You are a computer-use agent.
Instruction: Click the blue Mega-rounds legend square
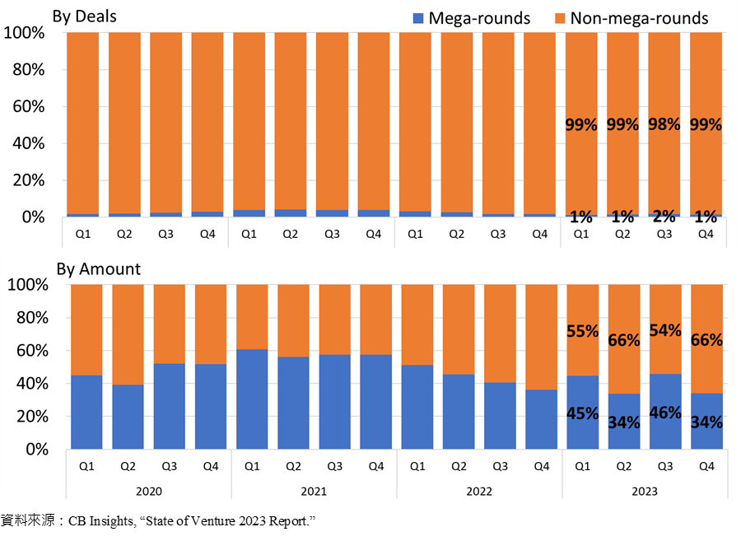point(418,18)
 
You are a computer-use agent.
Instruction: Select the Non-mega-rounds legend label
point(639,18)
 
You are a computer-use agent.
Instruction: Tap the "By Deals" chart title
point(85,16)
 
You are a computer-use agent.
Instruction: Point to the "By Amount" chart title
point(99,268)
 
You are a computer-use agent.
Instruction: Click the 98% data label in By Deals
point(664,124)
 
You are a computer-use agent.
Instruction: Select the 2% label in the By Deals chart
point(664,216)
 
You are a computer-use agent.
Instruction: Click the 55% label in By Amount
point(583,331)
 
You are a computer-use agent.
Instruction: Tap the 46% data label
point(665,413)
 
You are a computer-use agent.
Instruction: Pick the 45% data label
point(583,413)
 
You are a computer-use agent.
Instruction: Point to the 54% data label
point(665,330)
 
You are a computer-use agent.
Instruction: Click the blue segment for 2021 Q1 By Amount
point(252,399)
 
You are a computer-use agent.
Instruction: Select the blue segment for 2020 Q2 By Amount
point(128,417)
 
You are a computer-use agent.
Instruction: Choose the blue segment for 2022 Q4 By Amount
point(542,419)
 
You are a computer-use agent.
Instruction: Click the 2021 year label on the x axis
point(314,492)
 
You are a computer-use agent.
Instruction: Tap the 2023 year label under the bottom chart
point(645,492)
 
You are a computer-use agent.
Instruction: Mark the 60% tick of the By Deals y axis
point(28,106)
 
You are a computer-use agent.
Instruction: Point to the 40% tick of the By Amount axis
point(32,384)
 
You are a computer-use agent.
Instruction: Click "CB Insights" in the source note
point(101,521)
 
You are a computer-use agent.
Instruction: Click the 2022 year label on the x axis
point(479,492)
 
